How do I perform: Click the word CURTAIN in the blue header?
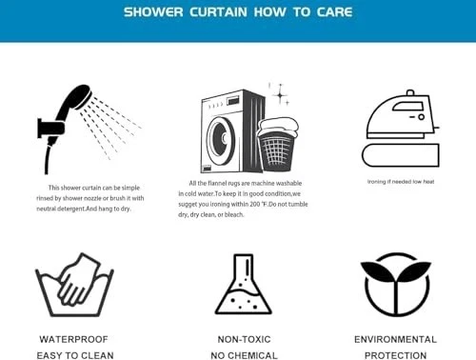click(218, 12)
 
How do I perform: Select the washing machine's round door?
click(221, 137)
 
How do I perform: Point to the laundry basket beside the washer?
click(277, 145)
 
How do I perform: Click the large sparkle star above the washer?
click(280, 94)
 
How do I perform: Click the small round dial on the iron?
click(421, 117)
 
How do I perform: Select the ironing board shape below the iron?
click(401, 155)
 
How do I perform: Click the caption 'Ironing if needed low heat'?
click(401, 182)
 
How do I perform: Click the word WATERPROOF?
click(73, 339)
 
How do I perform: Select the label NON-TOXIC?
click(244, 339)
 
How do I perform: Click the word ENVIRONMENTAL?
click(395, 339)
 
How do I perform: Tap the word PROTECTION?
click(395, 355)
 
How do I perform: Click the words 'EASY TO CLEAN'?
click(75, 355)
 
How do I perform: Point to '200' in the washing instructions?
click(255, 204)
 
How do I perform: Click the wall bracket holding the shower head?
click(50, 129)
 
